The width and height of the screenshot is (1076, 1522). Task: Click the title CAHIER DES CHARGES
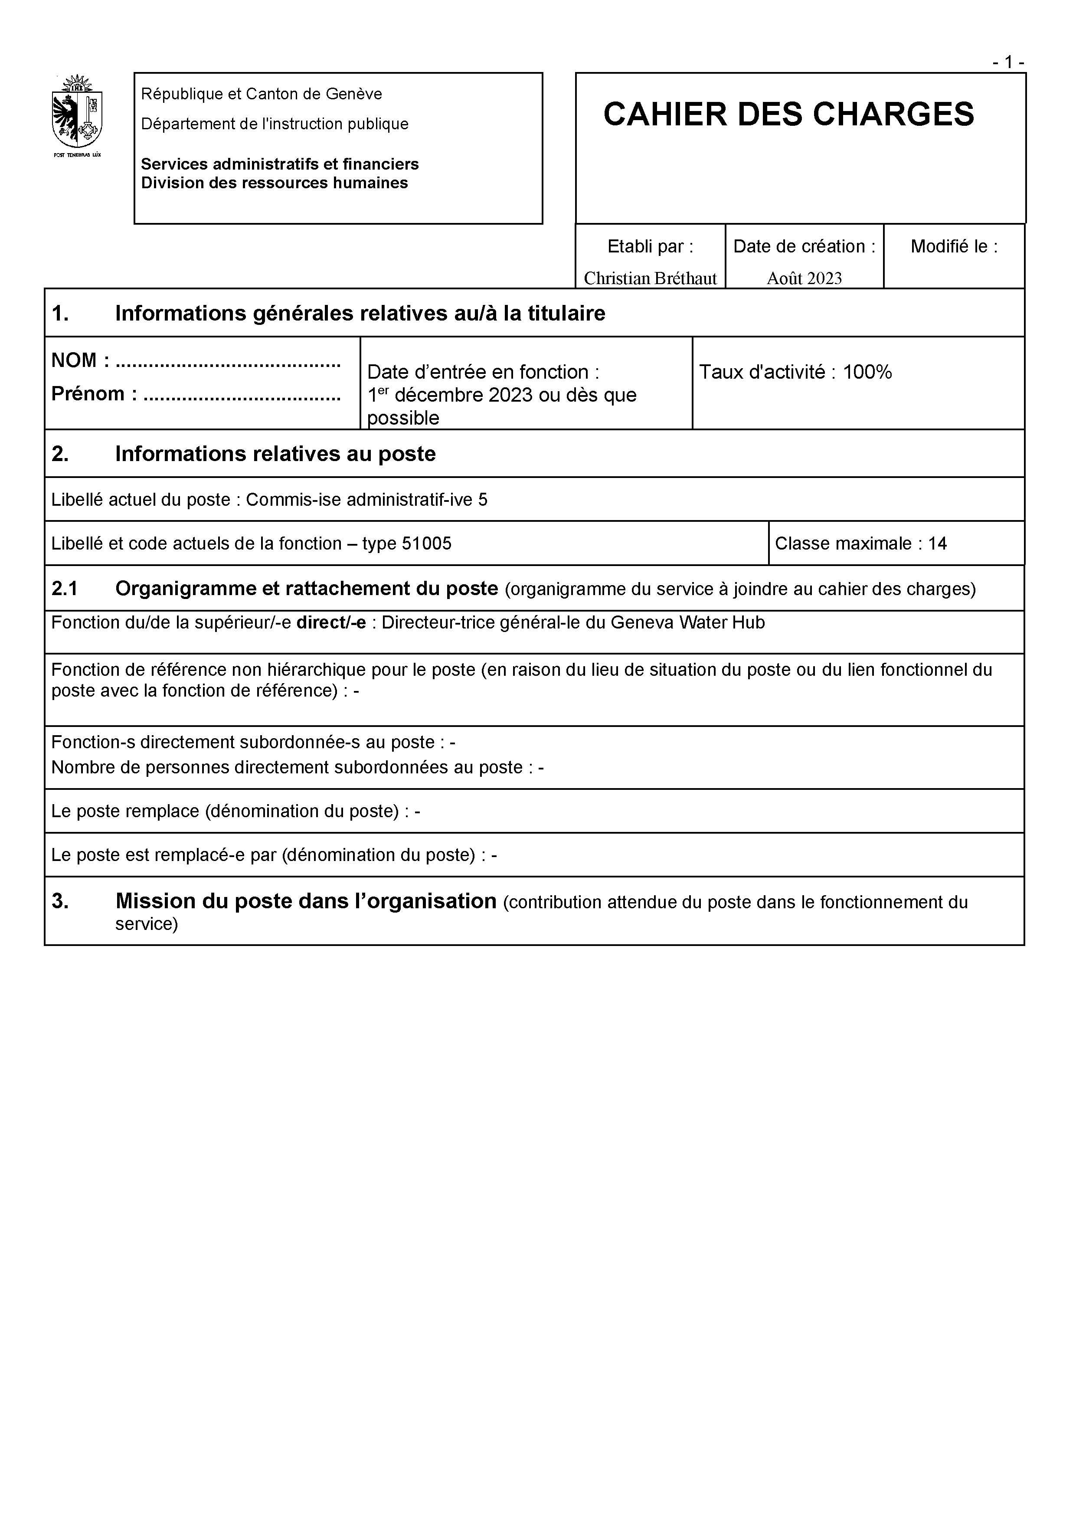click(x=788, y=114)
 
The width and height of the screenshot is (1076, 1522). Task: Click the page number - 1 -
click(x=1008, y=62)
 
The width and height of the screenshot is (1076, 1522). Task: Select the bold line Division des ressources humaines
click(x=275, y=183)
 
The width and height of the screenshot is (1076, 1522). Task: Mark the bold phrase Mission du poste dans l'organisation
click(x=306, y=902)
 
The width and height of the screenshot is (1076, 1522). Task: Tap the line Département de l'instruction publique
click(x=275, y=124)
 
